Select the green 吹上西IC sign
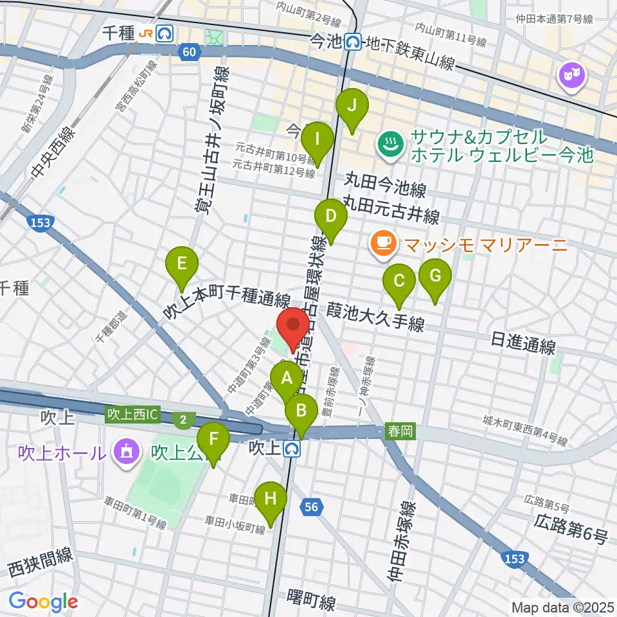point(132,415)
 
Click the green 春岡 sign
point(401,432)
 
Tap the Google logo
point(43,602)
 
